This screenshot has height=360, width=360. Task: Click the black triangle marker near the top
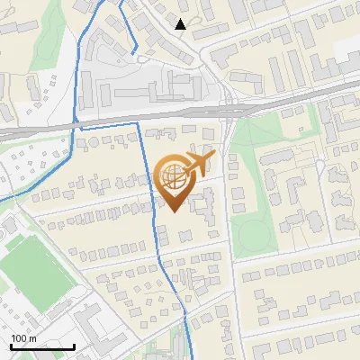coord(181,24)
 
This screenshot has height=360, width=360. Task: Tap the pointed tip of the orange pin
coord(173,211)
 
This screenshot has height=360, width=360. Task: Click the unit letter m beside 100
coord(33,338)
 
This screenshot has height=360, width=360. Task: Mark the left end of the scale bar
coord(11,347)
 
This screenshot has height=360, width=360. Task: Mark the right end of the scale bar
coord(74,347)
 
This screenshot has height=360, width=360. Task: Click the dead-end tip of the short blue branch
coord(135,54)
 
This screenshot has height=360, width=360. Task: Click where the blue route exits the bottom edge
coord(191,358)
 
